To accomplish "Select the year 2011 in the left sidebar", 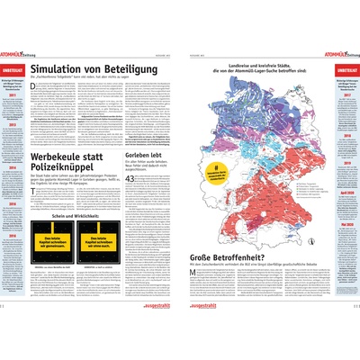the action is click(14, 103).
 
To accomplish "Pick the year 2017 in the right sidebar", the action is click(345, 103).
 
